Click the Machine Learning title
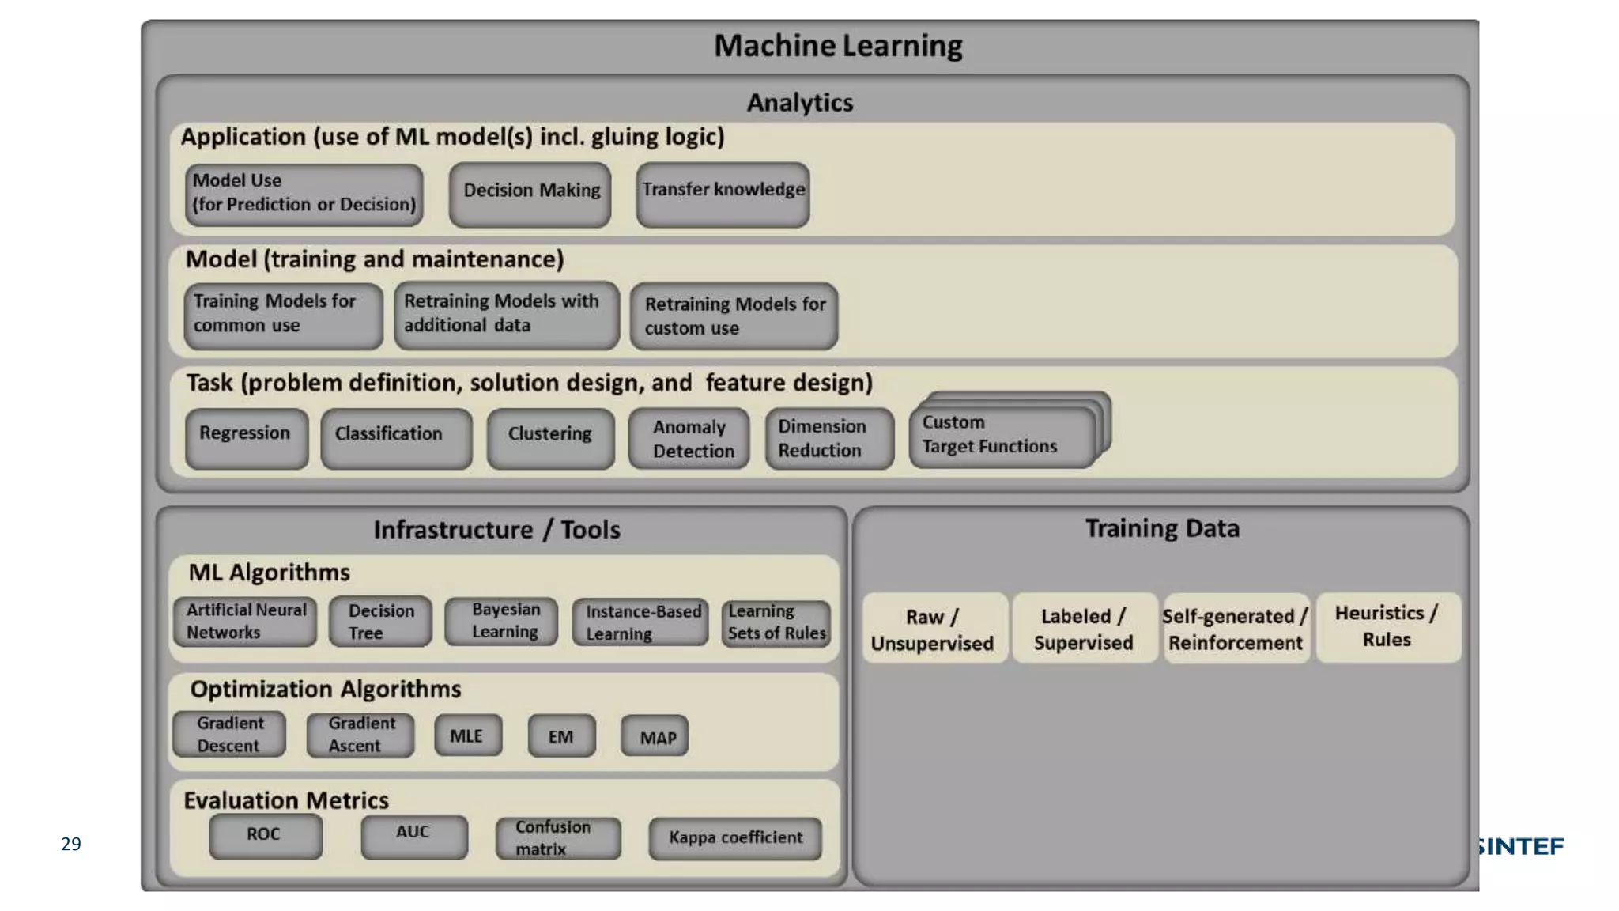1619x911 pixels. [838, 46]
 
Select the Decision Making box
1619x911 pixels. [530, 193]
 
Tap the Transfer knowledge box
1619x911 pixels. [723, 193]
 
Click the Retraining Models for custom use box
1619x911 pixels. [734, 316]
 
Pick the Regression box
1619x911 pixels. [247, 437]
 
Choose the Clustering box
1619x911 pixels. [550, 437]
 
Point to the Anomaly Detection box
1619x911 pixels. [689, 438]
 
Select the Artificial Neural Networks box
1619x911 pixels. [245, 621]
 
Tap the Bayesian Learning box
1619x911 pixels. [502, 621]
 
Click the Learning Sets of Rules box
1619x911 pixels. [776, 622]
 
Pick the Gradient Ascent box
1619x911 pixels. [360, 735]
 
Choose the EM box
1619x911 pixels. [561, 736]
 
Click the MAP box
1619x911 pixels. [655, 736]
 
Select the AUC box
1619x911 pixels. [414, 837]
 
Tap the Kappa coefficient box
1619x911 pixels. [734, 837]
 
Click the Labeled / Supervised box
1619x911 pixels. [1084, 629]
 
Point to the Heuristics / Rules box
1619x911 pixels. [1387, 626]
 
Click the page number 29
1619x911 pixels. [71, 844]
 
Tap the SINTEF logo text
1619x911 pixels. [1519, 846]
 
